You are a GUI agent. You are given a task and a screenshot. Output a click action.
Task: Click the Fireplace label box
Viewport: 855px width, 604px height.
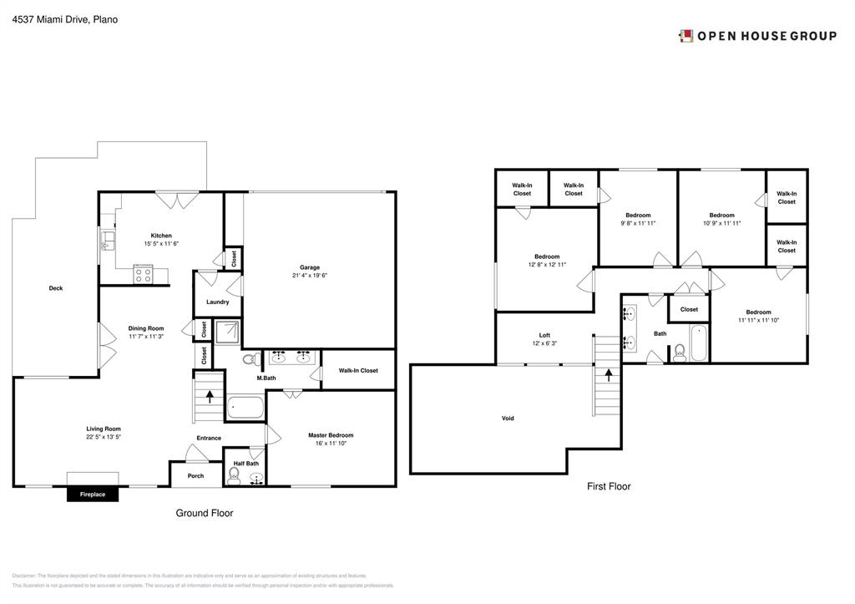tap(93, 495)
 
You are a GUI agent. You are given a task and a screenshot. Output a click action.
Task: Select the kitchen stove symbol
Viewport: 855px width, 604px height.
tap(143, 272)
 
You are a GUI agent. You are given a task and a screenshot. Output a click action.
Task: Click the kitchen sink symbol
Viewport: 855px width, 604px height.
tap(107, 242)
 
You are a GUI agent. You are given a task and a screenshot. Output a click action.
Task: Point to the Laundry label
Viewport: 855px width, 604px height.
tap(217, 302)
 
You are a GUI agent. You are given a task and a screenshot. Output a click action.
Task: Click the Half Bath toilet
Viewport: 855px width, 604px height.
tap(235, 476)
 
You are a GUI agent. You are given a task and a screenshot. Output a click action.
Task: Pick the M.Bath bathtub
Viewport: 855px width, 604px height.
tap(245, 409)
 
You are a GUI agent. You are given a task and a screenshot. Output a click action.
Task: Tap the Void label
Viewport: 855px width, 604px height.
tap(508, 418)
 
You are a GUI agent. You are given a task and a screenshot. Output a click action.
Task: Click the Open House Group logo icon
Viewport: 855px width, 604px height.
tap(686, 36)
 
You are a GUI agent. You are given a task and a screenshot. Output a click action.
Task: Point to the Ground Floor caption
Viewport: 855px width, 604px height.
tap(204, 513)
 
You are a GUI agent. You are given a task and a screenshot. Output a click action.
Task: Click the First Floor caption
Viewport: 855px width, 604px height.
tap(609, 486)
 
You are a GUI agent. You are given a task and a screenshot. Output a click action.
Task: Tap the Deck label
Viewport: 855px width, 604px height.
tap(55, 288)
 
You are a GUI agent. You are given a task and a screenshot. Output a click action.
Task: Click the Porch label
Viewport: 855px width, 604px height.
tap(195, 476)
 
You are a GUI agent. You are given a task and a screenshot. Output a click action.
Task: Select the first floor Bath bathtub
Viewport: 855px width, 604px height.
tap(700, 345)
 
